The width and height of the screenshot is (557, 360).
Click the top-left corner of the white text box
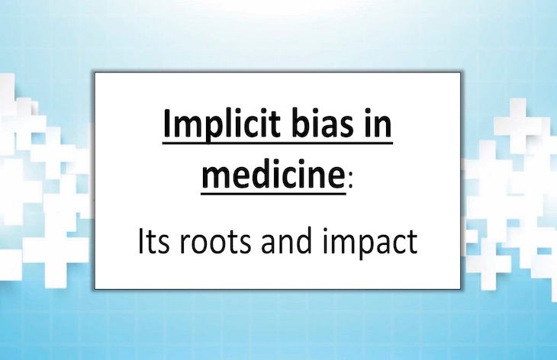95,73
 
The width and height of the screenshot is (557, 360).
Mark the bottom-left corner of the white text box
95,288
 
